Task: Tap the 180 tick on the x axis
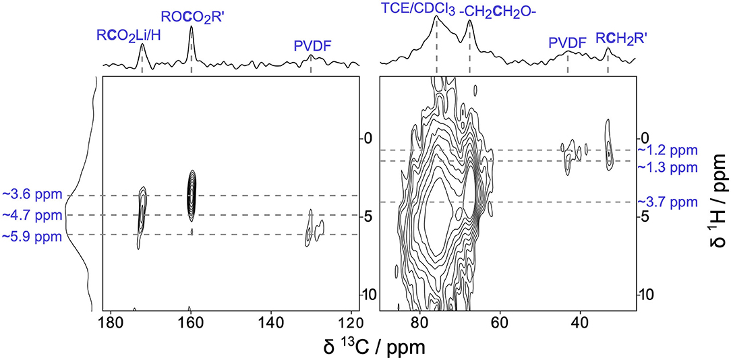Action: coord(110,322)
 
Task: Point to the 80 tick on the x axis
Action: coord(420,322)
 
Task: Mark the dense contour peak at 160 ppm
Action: coord(192,193)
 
